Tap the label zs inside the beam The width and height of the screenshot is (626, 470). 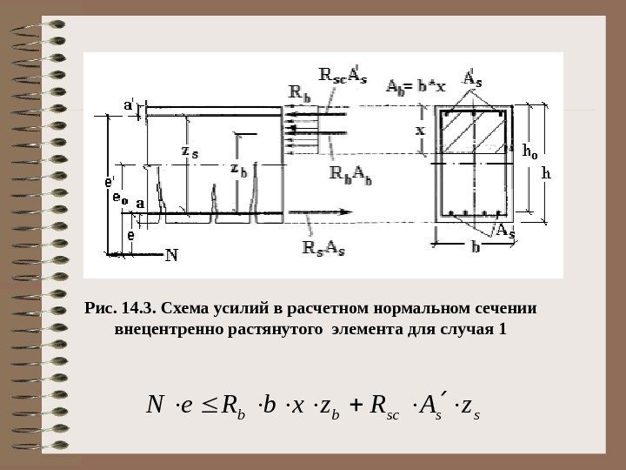click(189, 151)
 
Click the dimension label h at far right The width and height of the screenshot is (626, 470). click(546, 172)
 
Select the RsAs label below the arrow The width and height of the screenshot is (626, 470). click(323, 248)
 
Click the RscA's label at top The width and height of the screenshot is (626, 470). click(343, 75)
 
